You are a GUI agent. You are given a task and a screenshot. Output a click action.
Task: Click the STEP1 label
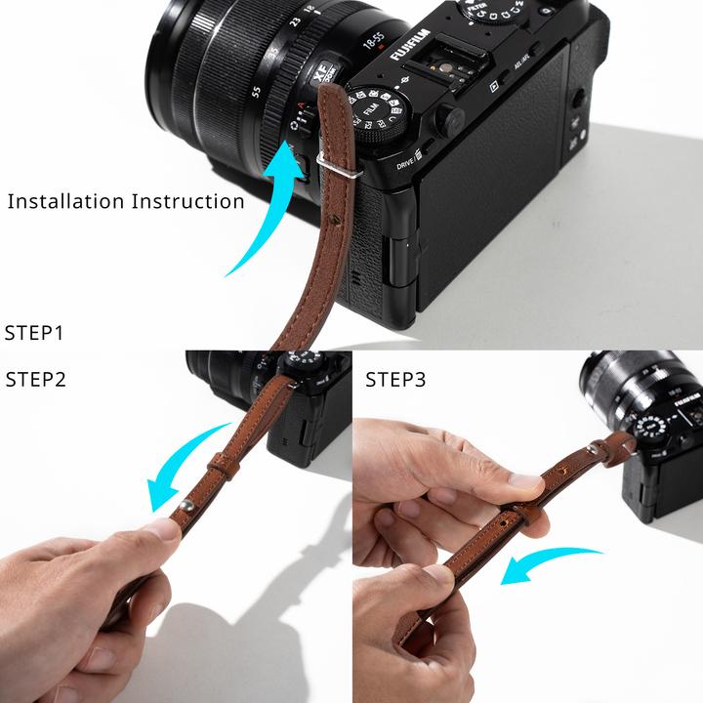point(34,333)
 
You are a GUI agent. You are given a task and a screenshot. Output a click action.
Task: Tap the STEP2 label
point(36,380)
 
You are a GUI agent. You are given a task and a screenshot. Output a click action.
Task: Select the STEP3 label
point(396,380)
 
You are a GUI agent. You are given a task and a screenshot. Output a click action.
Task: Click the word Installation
point(65,202)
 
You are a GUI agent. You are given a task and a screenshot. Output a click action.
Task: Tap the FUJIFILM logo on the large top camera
point(416,40)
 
